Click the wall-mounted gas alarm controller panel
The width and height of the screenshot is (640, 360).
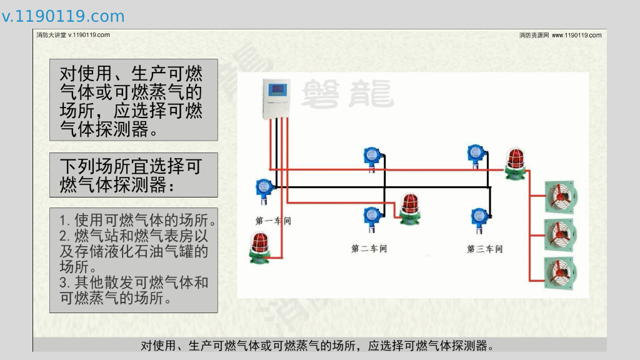pyautogui.click(x=275, y=98)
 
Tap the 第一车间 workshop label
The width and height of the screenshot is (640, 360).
pyautogui.click(x=273, y=221)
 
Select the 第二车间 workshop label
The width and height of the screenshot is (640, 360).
pyautogui.click(x=369, y=249)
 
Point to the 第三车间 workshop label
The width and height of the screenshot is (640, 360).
pyautogui.click(x=484, y=249)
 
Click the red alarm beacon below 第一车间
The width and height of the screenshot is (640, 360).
pyautogui.click(x=259, y=248)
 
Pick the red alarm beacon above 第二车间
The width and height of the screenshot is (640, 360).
pyautogui.click(x=409, y=207)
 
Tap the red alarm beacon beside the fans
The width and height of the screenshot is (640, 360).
pyautogui.click(x=516, y=163)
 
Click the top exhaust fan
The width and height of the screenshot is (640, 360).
pyautogui.click(x=560, y=197)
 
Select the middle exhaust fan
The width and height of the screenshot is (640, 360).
pyautogui.click(x=560, y=235)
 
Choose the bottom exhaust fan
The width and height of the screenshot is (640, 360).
pyautogui.click(x=560, y=273)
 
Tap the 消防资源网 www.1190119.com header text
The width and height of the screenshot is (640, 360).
pyautogui.click(x=560, y=35)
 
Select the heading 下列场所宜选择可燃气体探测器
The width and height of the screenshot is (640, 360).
pyautogui.click(x=133, y=175)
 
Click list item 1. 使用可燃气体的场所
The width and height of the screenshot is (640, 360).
pyautogui.click(x=137, y=221)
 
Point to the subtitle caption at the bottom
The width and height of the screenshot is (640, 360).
pyautogui.click(x=317, y=346)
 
